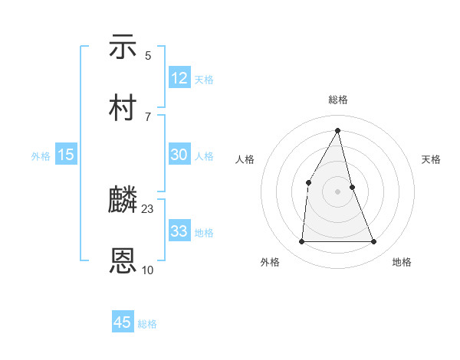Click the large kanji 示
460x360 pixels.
point(123,47)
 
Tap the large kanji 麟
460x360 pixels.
point(123,201)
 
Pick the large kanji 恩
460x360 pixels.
point(123,261)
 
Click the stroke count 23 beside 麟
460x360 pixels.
point(148,209)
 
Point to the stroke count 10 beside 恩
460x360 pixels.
point(148,270)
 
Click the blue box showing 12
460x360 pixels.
point(179,79)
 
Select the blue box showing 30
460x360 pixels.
point(179,155)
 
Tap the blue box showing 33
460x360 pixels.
point(179,231)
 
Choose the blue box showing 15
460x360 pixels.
point(66,155)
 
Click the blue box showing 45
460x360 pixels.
point(123,322)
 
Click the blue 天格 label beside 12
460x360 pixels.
point(204,80)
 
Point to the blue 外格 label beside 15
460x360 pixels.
point(41,155)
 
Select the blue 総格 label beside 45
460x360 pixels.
point(147,324)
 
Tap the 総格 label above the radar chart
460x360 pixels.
point(338,100)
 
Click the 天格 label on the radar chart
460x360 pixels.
point(432,159)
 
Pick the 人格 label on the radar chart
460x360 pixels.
point(245,159)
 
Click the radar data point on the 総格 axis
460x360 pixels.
point(338,129)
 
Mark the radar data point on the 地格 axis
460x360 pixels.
point(374,242)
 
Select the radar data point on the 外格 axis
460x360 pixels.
point(301,242)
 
